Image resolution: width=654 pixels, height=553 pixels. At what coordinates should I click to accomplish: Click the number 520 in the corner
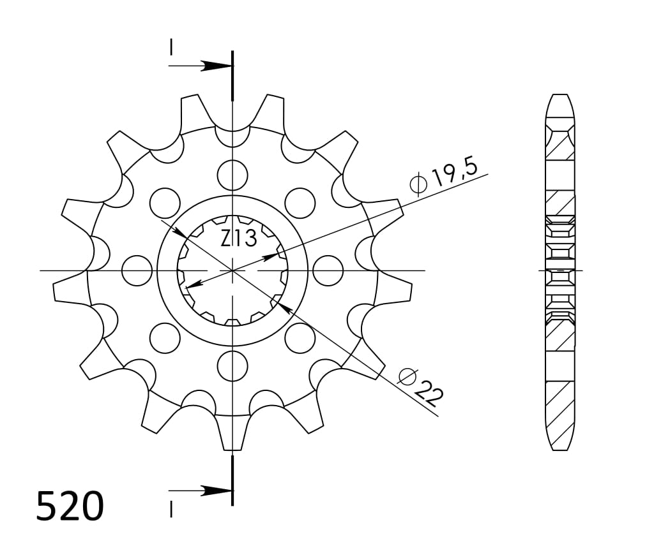(70, 507)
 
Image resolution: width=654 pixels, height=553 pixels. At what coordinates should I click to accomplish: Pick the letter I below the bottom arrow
(171, 509)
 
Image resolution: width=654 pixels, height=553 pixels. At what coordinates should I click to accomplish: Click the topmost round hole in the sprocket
(232, 174)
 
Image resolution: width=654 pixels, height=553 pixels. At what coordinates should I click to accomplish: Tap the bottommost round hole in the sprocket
(232, 365)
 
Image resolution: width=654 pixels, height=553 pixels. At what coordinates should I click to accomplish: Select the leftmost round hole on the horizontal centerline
(137, 270)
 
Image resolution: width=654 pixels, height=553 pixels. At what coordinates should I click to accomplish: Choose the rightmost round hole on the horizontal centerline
(328, 270)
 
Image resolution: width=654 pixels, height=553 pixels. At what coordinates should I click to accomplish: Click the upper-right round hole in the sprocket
(300, 203)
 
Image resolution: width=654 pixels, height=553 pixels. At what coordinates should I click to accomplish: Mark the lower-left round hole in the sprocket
(165, 337)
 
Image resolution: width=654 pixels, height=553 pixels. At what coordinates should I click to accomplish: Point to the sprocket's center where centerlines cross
(232, 270)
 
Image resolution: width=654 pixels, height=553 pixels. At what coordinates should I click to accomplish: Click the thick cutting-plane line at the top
(232, 75)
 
